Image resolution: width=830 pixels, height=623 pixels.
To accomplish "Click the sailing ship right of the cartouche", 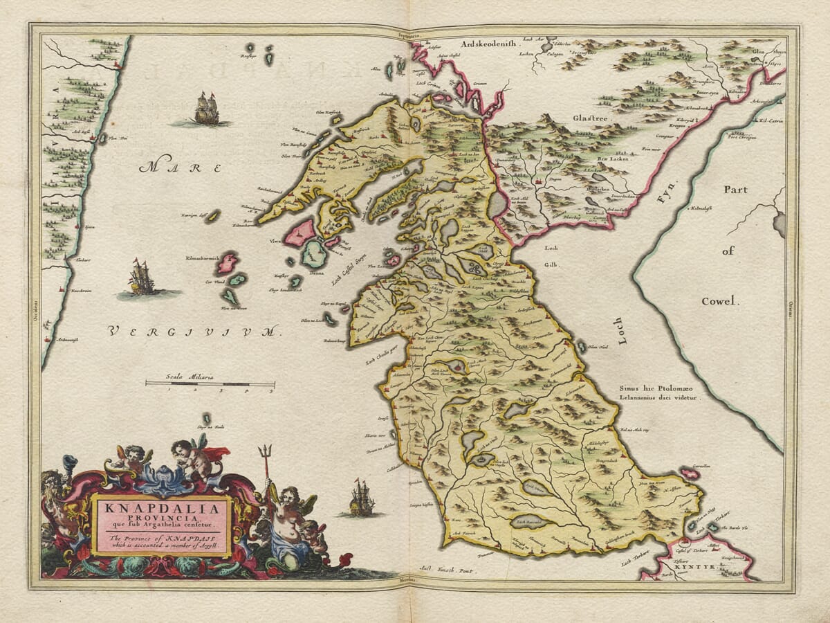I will [360, 498].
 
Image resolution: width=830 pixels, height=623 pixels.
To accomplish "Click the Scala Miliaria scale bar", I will [210, 383].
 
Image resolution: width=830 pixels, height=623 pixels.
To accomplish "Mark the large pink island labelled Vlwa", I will [299, 233].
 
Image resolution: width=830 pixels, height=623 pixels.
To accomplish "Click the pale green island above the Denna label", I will [315, 254].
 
